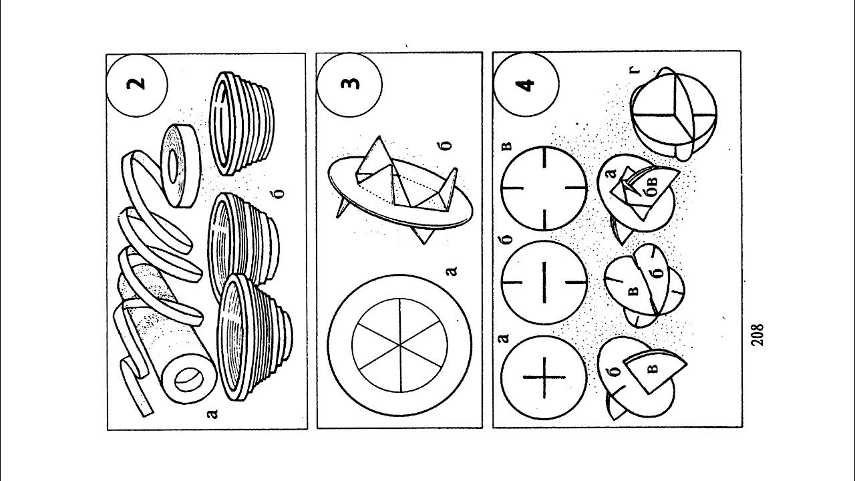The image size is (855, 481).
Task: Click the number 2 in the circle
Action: pyautogui.click(x=136, y=84)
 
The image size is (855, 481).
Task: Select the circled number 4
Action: pyautogui.click(x=525, y=85)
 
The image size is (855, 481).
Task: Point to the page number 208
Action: pyautogui.click(x=757, y=335)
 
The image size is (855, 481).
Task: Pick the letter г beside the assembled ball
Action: pyautogui.click(x=635, y=69)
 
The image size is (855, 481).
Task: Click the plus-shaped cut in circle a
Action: pyautogui.click(x=544, y=377)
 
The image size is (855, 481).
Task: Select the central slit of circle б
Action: pyautogui.click(x=544, y=283)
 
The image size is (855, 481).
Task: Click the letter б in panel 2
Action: pyautogui.click(x=280, y=194)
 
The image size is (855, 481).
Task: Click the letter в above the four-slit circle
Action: pyautogui.click(x=508, y=146)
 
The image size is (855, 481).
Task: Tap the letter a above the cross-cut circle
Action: pyautogui.click(x=504, y=338)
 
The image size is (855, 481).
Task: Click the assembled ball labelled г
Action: pyautogui.click(x=673, y=114)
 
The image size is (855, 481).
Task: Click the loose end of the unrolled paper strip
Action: pyautogui.click(x=147, y=413)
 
